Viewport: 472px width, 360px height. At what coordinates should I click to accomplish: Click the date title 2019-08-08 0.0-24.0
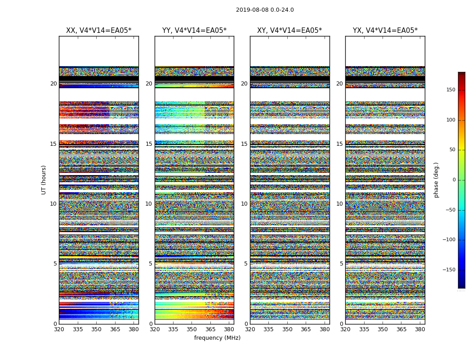pos(265,10)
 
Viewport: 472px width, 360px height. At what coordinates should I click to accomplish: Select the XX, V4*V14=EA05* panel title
pos(98,31)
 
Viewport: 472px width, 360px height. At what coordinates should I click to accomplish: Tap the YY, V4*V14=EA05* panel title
pos(194,31)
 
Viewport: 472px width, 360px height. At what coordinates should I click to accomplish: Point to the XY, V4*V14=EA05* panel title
pos(289,31)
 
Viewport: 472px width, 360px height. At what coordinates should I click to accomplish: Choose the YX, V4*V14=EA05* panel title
pos(385,31)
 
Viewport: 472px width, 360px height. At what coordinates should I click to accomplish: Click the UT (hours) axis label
pos(44,180)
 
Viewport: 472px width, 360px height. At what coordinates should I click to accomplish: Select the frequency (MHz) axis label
pos(217,338)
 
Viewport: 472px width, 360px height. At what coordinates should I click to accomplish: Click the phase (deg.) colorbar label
pos(436,180)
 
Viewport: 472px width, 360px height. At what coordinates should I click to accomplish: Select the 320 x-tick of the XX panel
pos(59,329)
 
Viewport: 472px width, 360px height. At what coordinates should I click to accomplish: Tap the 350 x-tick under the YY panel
pos(192,329)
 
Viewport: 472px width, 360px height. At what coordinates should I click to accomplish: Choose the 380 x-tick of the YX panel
pos(420,329)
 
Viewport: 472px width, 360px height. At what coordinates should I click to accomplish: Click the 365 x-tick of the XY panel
pos(306,329)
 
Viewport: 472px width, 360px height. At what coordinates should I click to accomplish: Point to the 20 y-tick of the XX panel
pos(53,84)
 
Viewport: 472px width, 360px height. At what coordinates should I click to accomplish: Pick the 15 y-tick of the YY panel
pos(149,144)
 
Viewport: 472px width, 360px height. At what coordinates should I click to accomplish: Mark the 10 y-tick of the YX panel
pos(339,204)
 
